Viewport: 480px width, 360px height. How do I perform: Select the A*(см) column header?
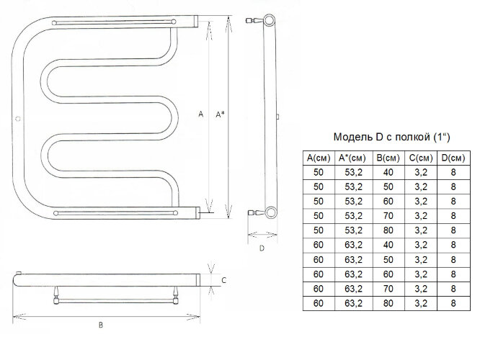[x=352, y=158]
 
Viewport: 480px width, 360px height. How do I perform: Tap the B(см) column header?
[x=388, y=158]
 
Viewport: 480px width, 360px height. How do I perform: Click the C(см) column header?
[x=421, y=158]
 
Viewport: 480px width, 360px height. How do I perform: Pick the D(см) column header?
[x=453, y=158]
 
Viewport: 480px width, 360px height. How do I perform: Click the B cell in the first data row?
[x=388, y=173]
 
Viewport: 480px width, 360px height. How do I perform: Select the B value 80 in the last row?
[x=388, y=303]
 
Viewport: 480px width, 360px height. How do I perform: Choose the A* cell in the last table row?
[x=354, y=303]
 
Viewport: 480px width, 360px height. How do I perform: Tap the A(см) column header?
[x=319, y=158]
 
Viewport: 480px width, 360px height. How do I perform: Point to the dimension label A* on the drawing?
[x=220, y=114]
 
